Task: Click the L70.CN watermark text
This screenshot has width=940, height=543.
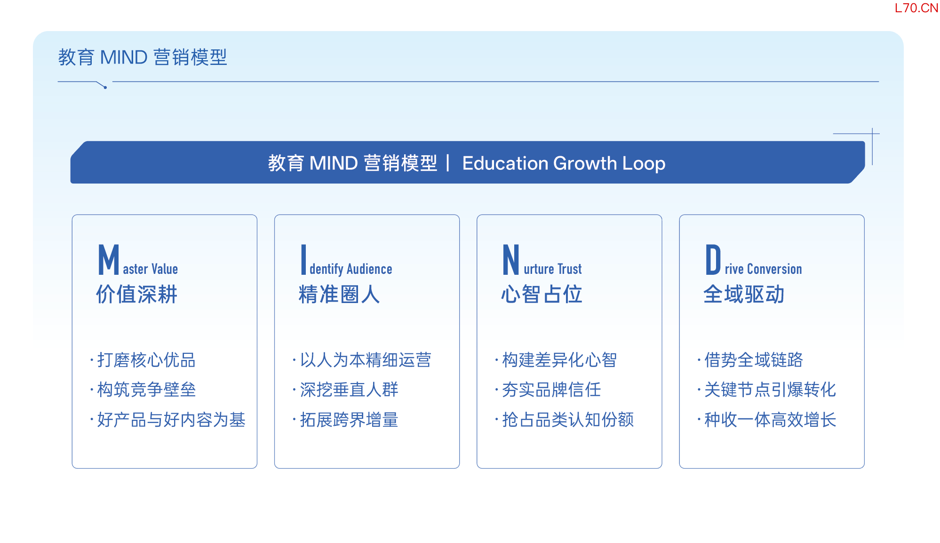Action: [x=916, y=8]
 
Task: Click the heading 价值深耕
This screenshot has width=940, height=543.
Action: [x=136, y=295]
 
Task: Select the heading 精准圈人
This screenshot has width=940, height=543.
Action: [x=339, y=295]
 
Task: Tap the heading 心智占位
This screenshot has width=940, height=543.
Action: [x=542, y=295]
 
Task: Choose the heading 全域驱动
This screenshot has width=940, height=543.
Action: [x=744, y=295]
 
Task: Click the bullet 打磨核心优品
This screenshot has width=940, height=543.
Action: [x=146, y=360]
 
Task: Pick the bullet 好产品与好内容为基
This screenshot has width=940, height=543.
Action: [x=171, y=420]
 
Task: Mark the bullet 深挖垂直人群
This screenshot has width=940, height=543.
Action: [x=349, y=390]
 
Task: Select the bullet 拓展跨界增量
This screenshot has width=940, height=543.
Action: [x=349, y=420]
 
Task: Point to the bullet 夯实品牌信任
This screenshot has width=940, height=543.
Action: [x=551, y=390]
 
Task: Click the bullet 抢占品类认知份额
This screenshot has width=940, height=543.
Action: [x=568, y=420]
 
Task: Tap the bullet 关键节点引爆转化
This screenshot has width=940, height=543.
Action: [x=770, y=390]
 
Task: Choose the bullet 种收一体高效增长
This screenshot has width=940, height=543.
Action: [x=770, y=420]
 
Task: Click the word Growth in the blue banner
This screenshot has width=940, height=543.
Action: [x=585, y=163]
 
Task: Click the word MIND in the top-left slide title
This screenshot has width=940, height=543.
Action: [x=124, y=57]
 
